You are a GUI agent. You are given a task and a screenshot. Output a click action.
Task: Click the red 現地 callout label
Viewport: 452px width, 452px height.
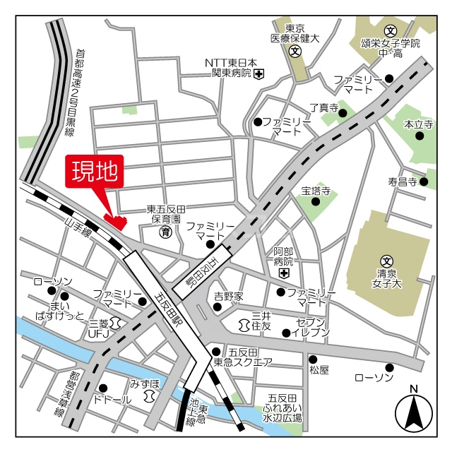(95, 172)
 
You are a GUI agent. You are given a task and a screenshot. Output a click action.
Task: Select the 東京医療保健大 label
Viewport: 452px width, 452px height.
(295, 34)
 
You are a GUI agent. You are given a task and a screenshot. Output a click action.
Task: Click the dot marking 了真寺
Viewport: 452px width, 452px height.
(343, 112)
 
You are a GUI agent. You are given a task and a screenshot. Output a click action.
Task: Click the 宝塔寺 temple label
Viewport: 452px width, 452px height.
(316, 191)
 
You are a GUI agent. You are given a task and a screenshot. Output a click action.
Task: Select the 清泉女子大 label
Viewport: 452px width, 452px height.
(388, 278)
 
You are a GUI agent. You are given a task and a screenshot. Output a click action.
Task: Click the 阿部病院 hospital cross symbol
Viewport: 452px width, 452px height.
(283, 273)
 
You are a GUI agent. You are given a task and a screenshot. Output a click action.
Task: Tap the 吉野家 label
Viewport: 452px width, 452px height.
(229, 296)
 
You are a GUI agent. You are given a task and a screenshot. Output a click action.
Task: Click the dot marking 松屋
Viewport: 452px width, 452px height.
(313, 358)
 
